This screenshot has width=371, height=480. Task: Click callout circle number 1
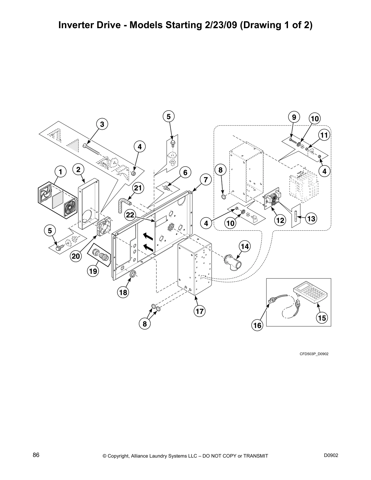pyautogui.click(x=61, y=172)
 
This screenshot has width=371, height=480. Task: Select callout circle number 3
pyautogui.click(x=102, y=124)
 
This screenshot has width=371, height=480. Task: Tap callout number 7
pyautogui.click(x=205, y=180)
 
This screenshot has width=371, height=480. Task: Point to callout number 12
pyautogui.click(x=280, y=220)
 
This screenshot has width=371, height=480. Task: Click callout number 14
pyautogui.click(x=245, y=247)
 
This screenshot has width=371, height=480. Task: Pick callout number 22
pyautogui.click(x=130, y=215)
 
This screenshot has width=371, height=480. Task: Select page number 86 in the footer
pyautogui.click(x=36, y=455)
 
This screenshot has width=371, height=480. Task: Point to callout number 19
pyautogui.click(x=93, y=271)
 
